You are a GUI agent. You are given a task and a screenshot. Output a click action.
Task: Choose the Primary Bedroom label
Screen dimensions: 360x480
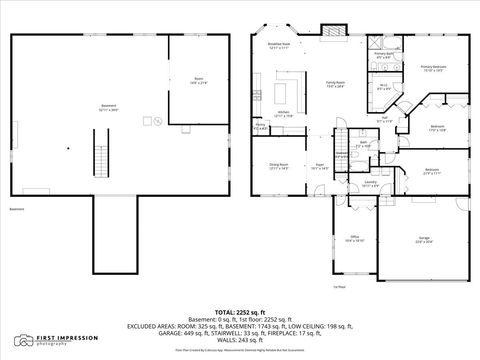click(432, 68)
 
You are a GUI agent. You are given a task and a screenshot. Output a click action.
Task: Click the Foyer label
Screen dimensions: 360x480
click(320, 166)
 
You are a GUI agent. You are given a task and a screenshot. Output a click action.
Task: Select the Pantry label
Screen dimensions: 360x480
click(260, 127)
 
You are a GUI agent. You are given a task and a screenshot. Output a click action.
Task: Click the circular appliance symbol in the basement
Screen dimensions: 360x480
click(147, 121)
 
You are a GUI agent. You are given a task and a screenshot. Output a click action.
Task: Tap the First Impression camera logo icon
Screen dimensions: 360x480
click(21, 342)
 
